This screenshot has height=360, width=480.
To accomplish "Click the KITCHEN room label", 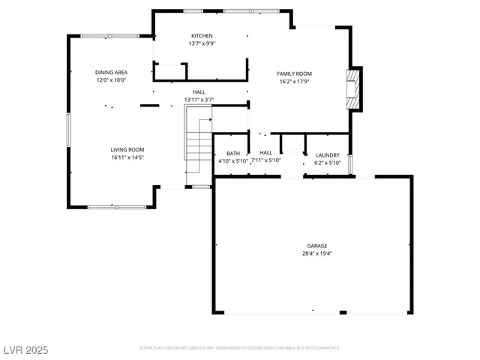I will (x=202, y=36).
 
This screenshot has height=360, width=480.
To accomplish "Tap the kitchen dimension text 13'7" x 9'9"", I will (x=202, y=43).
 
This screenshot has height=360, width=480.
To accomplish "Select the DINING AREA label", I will (x=111, y=72).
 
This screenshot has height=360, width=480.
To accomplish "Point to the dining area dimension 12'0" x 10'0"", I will (x=111, y=79).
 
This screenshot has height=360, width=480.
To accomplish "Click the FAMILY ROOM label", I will (x=294, y=73).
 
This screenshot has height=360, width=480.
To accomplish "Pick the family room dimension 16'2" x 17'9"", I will (x=294, y=81).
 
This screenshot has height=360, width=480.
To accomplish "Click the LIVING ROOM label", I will (x=127, y=150).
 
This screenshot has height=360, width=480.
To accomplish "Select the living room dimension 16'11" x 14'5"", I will (x=127, y=157).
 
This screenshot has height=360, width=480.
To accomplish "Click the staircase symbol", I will (x=199, y=142).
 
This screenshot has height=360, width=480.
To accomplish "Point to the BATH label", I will (x=233, y=154).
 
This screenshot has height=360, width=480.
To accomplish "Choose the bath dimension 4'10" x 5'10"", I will (x=233, y=161).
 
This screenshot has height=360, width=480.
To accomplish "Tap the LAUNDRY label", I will (x=327, y=154).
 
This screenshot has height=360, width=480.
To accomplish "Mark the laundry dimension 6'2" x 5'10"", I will (x=327, y=162).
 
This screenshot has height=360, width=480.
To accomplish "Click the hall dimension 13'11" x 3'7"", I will (x=199, y=99).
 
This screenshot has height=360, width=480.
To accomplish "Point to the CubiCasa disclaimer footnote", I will (x=240, y=348).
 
